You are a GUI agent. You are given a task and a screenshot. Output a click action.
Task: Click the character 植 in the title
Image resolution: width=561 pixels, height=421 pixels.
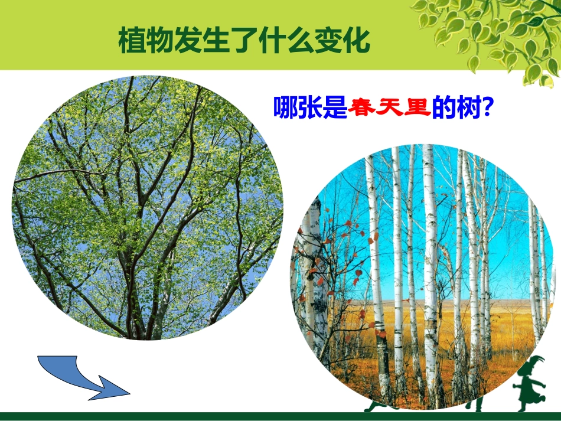pos(132,41)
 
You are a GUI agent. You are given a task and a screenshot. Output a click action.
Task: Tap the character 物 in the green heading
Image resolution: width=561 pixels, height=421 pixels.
pos(161,41)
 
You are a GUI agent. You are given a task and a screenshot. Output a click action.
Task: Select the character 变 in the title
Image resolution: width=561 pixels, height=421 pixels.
pos(330,41)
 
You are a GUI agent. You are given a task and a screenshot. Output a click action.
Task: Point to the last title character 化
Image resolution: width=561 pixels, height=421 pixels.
pos(358,41)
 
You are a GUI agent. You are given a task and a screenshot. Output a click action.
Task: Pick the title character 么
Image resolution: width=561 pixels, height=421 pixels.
pos(302,41)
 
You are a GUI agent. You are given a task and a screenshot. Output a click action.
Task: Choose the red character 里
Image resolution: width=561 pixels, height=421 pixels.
pos(415,107)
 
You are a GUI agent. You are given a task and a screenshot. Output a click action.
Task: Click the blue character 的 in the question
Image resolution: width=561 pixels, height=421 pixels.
pos(443,107)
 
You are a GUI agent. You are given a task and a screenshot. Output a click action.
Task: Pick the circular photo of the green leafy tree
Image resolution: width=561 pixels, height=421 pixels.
pos(148,207)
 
